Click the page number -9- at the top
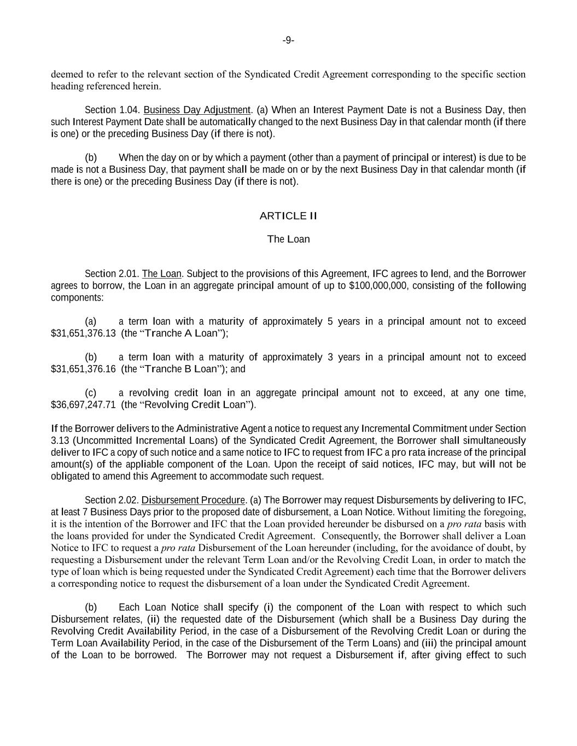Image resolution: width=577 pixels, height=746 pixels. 288,40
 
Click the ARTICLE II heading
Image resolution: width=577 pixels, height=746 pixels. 288,216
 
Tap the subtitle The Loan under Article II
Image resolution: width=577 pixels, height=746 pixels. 288,239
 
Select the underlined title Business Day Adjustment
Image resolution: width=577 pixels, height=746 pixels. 196,110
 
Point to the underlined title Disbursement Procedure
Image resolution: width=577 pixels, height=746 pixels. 193,500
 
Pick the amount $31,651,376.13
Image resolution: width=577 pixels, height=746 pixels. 83,333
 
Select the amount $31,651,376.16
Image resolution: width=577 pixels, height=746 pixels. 83,369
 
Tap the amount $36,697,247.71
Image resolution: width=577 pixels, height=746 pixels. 83,405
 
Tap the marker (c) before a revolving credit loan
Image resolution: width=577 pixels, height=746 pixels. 91,393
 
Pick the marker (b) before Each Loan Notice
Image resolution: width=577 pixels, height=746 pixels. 91,607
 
